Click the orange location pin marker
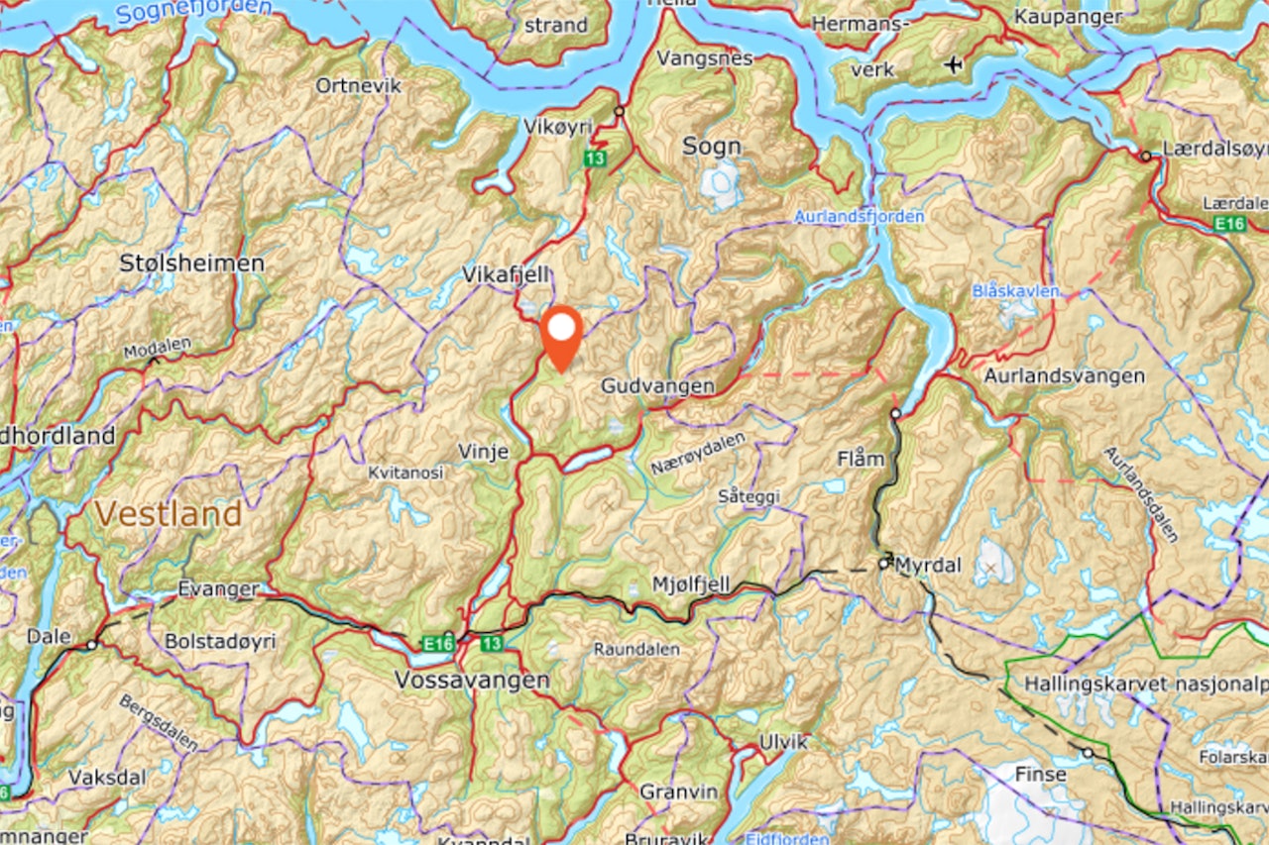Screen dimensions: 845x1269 pos(562,334)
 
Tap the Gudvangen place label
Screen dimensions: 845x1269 pos(657,386)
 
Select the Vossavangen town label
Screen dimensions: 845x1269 pos(471,681)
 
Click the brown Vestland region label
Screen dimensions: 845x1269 pos(169,514)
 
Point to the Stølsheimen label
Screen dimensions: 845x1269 pos(191,264)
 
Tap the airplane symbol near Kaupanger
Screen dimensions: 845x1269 pos(954,65)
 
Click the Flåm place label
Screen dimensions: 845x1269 pos(860,458)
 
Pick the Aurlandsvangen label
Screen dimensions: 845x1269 pos(1064,376)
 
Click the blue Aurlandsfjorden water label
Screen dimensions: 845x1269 pos(860,216)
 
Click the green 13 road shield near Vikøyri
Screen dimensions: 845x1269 pos(595,158)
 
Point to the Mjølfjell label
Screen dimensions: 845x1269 pos(690,585)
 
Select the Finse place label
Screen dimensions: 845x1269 pos(1040,774)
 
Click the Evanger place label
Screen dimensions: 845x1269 pos(218,589)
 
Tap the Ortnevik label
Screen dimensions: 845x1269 pos(359,86)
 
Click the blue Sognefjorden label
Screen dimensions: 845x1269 pos(193,11)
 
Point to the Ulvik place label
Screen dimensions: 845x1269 pos(782,742)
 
